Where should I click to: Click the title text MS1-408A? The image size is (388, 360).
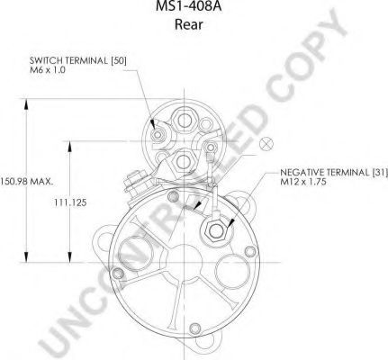(189, 6)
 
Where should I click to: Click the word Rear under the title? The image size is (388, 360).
(189, 24)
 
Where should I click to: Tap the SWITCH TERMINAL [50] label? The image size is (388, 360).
(78, 60)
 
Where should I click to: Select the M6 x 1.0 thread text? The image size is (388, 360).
(48, 70)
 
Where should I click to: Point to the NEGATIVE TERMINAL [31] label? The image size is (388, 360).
(334, 173)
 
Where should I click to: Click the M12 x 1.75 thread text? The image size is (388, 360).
(303, 182)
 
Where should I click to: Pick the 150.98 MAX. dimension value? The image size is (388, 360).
(26, 181)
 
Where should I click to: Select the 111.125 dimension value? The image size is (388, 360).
(70, 202)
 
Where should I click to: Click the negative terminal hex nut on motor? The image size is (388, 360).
(215, 230)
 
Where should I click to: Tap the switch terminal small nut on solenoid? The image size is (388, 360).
(157, 135)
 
